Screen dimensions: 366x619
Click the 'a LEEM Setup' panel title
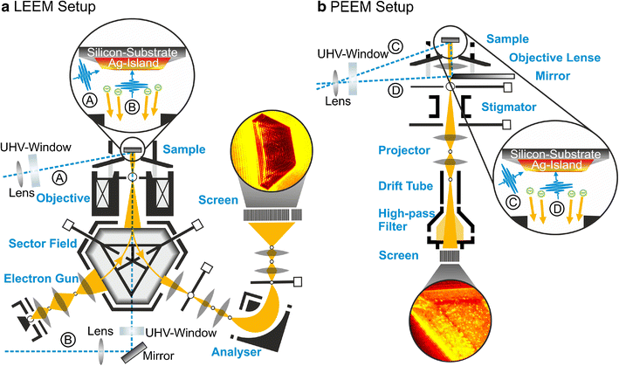47,9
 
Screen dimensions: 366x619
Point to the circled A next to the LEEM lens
60,177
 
